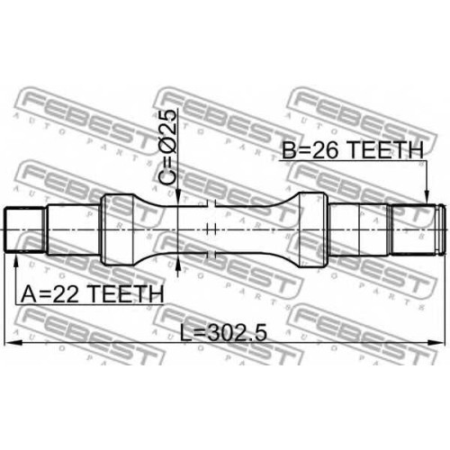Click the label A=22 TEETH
[93, 293]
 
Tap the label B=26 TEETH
[353, 149]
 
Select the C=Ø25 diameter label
[167, 147]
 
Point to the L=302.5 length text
[223, 333]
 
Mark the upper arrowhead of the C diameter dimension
[178, 197]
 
